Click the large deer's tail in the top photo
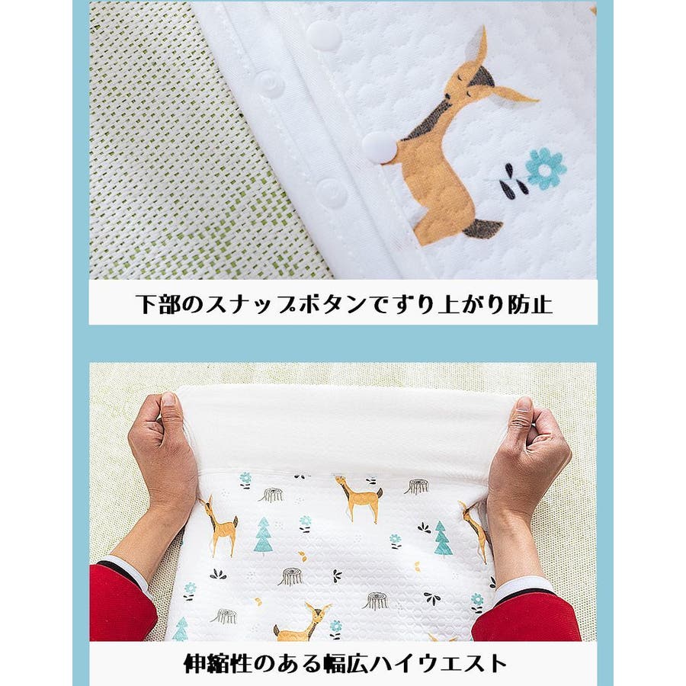click(482, 229)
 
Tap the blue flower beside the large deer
click(546, 168)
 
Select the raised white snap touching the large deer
click(379, 147)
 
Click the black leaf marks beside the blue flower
click(510, 179)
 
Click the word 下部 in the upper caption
click(152, 303)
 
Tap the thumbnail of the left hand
click(168, 400)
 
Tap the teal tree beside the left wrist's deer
click(264, 535)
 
